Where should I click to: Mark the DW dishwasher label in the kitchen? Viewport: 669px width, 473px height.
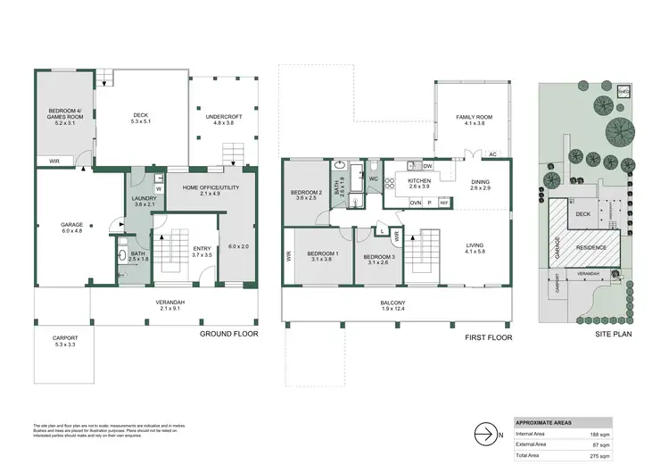pyautogui.click(x=427, y=166)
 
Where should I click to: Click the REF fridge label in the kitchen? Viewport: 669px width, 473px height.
pyautogui.click(x=443, y=203)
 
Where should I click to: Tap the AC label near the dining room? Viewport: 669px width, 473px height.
pyautogui.click(x=491, y=154)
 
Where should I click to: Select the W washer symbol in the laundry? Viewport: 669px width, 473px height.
pyautogui.click(x=158, y=188)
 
